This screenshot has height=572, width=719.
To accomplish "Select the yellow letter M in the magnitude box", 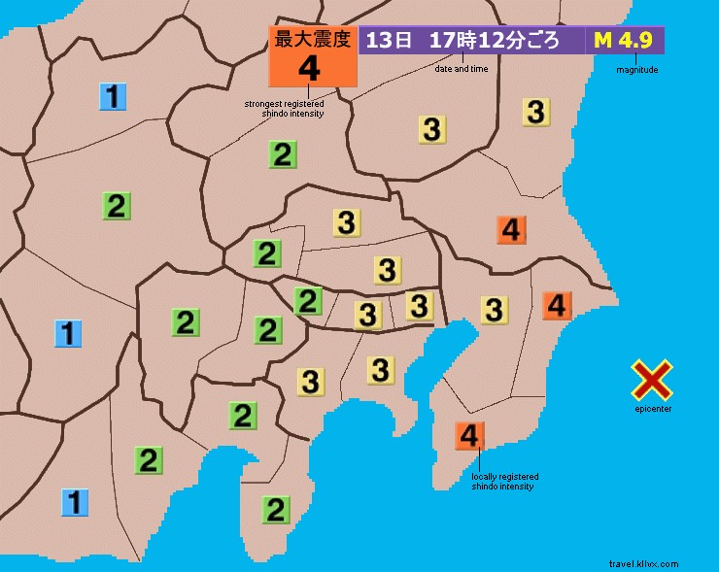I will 602,41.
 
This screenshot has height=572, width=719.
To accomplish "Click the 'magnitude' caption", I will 637,70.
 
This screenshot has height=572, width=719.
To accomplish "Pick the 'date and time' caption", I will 461,70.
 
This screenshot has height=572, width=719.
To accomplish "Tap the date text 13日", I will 388,41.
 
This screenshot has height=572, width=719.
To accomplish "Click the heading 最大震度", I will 311,39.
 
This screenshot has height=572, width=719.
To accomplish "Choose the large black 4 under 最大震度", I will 310,68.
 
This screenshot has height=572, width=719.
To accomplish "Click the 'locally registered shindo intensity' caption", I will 504,481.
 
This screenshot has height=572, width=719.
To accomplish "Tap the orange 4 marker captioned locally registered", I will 469,436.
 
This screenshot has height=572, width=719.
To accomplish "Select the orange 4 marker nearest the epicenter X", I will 557,305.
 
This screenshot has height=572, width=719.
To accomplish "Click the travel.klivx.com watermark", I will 643,563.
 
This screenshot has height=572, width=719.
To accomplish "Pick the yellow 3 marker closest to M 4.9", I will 535,112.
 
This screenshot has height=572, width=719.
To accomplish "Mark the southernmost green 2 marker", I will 276,508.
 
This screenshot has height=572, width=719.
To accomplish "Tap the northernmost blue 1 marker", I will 114,96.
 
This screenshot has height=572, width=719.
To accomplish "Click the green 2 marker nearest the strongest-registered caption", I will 283,153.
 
